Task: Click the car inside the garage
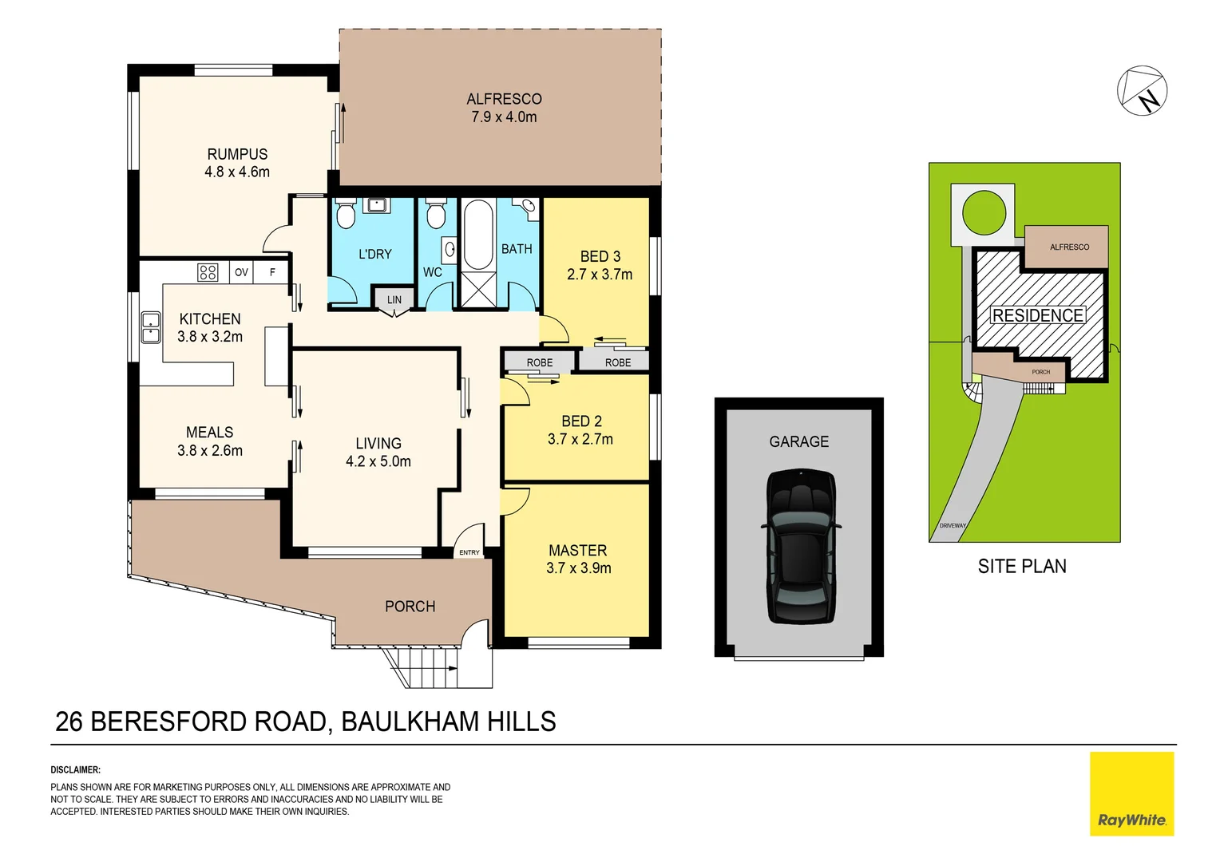801,547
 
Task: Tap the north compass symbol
1142,91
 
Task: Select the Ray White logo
1131,794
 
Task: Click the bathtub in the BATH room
478,235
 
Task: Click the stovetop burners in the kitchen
208,272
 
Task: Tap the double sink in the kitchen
151,327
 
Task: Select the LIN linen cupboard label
394,300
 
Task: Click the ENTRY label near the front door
469,552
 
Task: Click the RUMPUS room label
237,155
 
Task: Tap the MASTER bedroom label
578,551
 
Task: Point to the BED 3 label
600,256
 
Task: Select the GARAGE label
798,441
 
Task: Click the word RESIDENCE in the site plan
1037,315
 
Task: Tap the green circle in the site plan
984,212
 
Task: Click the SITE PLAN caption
1022,566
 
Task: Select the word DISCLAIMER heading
76,770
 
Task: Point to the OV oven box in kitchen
241,272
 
